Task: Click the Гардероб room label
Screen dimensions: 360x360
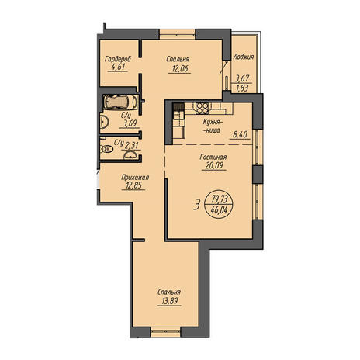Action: pos(118,59)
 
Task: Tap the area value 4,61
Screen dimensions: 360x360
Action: pos(118,67)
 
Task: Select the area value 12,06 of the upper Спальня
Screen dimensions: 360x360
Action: pos(179,69)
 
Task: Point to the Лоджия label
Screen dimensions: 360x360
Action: pos(244,57)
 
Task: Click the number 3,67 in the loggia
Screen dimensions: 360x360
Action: pos(242,78)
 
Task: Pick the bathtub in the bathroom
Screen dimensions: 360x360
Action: pos(120,102)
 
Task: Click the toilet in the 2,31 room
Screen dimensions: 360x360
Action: pos(107,149)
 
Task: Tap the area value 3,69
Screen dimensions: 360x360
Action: pos(130,123)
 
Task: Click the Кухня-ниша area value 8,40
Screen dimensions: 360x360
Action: pos(241,135)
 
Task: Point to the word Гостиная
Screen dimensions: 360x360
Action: pos(213,157)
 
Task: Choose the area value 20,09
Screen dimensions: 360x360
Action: pos(214,165)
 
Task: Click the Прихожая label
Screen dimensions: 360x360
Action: pos(135,178)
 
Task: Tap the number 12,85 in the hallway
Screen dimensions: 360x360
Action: pos(133,185)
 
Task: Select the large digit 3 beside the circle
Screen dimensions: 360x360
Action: pos(197,205)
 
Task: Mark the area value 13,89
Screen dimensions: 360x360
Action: pos(169,301)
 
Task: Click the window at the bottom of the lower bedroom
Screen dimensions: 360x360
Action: pos(165,332)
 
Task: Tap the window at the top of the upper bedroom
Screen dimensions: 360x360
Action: pos(177,34)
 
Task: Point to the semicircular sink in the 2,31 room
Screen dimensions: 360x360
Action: pos(130,155)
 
